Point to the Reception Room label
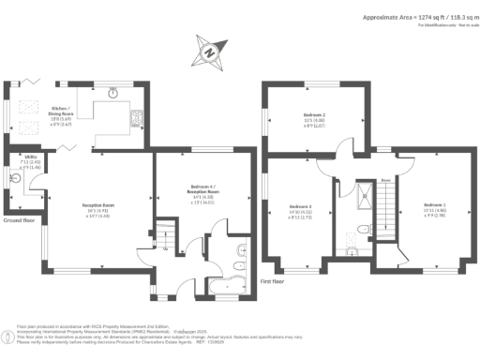[99, 210]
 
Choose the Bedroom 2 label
[314, 120]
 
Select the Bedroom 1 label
[434, 207]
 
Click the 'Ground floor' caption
[19, 220]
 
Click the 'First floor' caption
[272, 280]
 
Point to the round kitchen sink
[112, 92]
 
